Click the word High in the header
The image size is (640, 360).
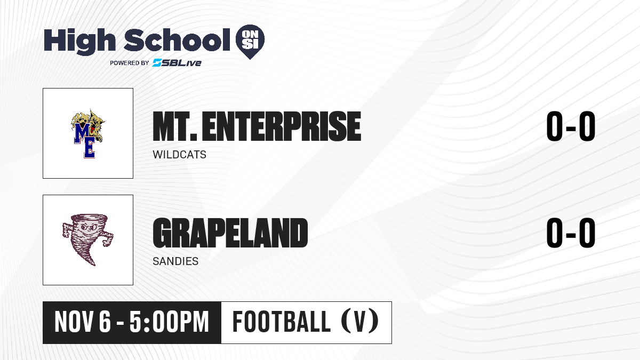pyautogui.click(x=79, y=41)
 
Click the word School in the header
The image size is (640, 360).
pyautogui.click(x=177, y=39)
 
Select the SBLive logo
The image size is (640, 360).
pyautogui.click(x=177, y=62)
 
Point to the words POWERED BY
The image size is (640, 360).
pyautogui.click(x=130, y=63)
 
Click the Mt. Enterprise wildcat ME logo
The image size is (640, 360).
pyautogui.click(x=87, y=133)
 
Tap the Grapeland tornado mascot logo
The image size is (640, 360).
pyautogui.click(x=87, y=239)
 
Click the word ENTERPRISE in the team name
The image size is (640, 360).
pyautogui.click(x=282, y=126)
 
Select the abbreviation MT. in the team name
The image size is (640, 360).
pyautogui.click(x=175, y=126)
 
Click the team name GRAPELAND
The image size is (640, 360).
pyautogui.click(x=230, y=233)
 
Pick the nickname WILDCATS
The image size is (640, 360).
pyautogui.click(x=179, y=155)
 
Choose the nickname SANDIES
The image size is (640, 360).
pyautogui.click(x=175, y=261)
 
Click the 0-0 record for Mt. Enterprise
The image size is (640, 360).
pyautogui.click(x=571, y=126)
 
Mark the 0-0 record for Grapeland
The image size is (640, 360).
pyautogui.click(x=571, y=233)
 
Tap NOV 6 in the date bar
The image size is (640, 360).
pyautogui.click(x=83, y=322)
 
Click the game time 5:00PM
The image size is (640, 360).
pyautogui.click(x=169, y=322)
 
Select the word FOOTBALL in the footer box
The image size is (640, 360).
pyautogui.click(x=282, y=322)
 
